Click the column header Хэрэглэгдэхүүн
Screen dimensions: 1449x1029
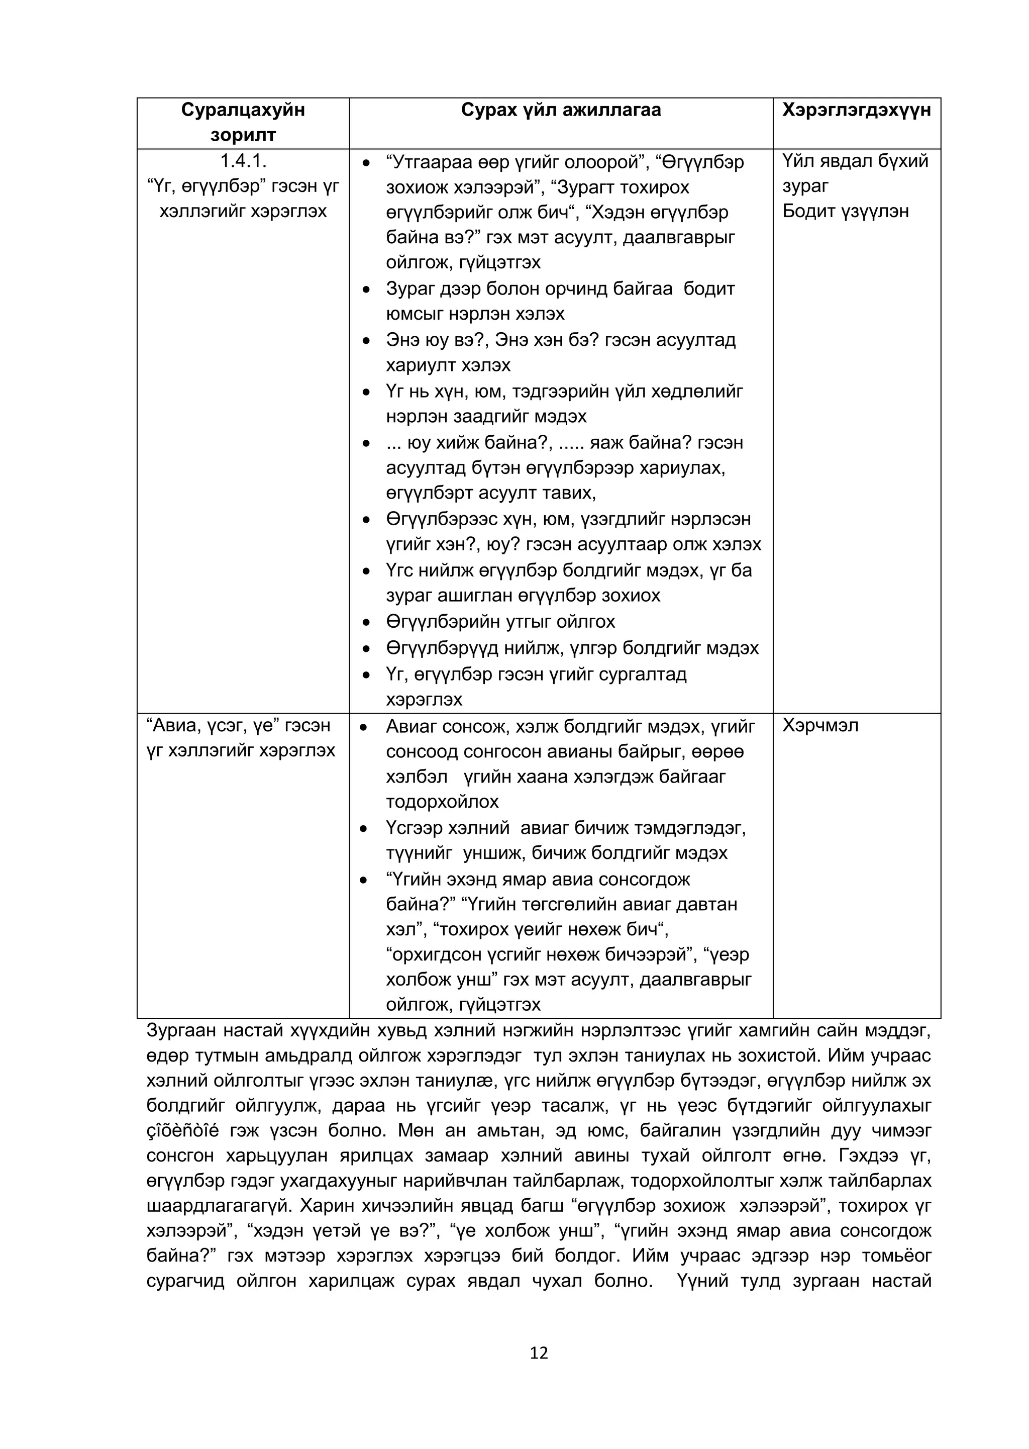[x=856, y=110]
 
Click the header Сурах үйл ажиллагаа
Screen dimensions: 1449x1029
[x=561, y=110]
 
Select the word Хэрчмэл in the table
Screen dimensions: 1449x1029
[x=820, y=725]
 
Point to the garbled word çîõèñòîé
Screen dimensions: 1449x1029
[x=182, y=1131]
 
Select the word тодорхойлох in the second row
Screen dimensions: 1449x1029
[x=442, y=802]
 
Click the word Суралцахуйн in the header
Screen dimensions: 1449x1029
[x=243, y=110]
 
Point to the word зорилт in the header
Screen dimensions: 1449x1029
[x=243, y=135]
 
